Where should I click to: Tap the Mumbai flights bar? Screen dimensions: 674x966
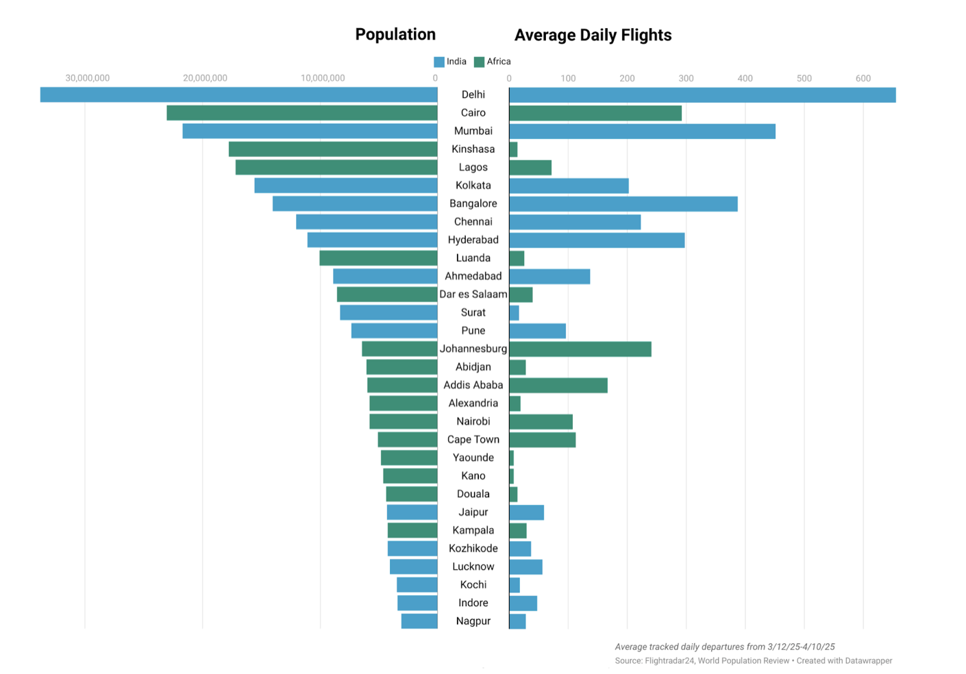pyautogui.click(x=642, y=131)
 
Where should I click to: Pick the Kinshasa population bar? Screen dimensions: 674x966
pyautogui.click(x=333, y=149)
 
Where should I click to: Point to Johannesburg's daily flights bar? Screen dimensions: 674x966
pyautogui.click(x=580, y=349)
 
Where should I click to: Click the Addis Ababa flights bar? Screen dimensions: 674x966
pyautogui.click(x=558, y=385)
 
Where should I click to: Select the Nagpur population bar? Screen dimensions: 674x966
pyautogui.click(x=419, y=621)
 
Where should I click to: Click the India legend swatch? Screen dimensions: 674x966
pyautogui.click(x=439, y=62)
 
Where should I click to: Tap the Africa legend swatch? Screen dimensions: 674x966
pyautogui.click(x=479, y=62)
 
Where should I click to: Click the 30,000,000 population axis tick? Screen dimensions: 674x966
pyautogui.click(x=87, y=78)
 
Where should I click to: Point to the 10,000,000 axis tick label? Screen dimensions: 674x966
pyautogui.click(x=323, y=78)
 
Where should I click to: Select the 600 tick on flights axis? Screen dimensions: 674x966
pyautogui.click(x=863, y=78)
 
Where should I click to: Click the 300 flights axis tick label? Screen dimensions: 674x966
pyautogui.click(x=686, y=78)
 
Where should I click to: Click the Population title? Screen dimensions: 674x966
pyautogui.click(x=395, y=34)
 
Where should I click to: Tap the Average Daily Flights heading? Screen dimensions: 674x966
pyautogui.click(x=593, y=35)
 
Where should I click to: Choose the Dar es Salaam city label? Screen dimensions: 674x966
pyautogui.click(x=473, y=295)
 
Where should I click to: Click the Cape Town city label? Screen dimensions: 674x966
pyautogui.click(x=473, y=440)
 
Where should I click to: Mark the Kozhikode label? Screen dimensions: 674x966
pyautogui.click(x=473, y=549)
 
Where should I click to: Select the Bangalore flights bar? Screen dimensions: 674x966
pyautogui.click(x=623, y=203)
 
